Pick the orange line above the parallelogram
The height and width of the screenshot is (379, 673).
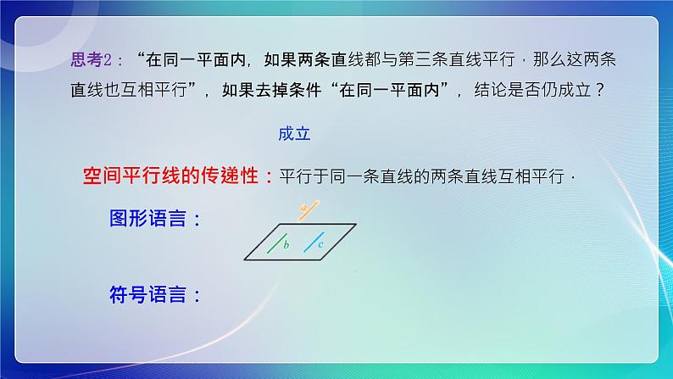click(307, 206)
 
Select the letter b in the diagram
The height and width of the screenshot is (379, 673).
click(287, 245)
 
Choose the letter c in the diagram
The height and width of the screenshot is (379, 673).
click(321, 244)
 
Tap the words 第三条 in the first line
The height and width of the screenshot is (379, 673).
click(419, 59)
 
